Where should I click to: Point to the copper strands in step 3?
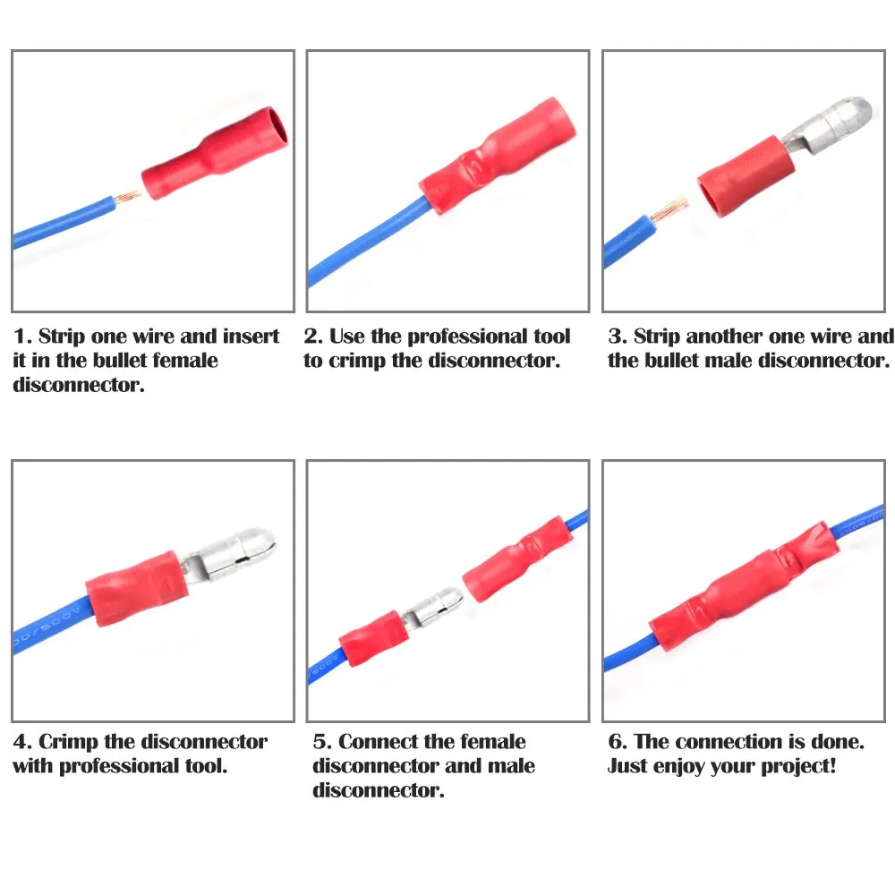coord(667,211)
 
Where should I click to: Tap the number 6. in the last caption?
coord(617,742)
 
